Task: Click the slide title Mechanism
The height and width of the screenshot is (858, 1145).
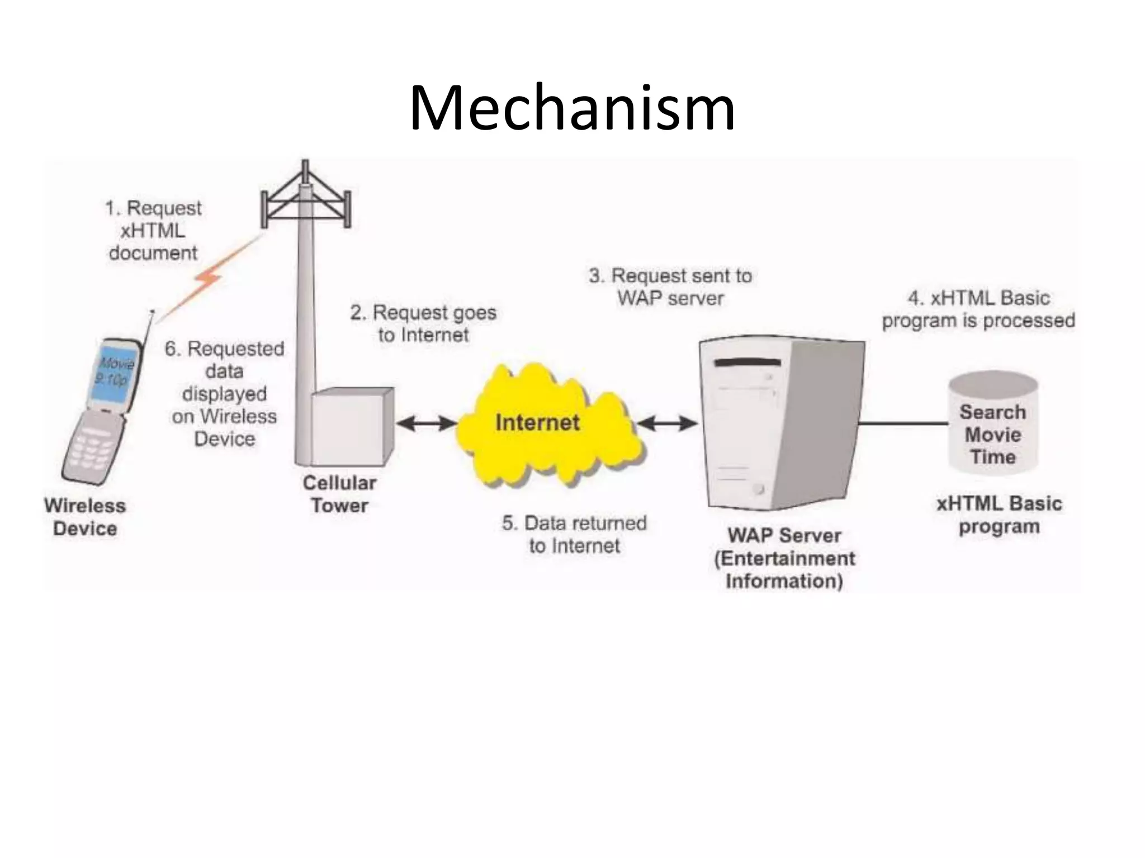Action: point(572,108)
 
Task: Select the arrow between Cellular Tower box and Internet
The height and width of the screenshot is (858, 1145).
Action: point(426,423)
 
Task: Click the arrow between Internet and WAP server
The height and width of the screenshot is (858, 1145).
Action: point(668,423)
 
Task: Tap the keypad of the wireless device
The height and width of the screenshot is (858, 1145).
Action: point(92,447)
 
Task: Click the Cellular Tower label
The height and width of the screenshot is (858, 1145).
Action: point(339,494)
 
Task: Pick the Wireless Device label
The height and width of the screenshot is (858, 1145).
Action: point(85,517)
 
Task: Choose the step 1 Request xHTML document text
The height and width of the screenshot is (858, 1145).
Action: point(153,230)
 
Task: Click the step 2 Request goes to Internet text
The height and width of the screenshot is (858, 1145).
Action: point(423,323)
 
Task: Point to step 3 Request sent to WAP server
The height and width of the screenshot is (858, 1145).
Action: point(670,287)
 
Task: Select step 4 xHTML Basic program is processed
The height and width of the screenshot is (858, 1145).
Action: point(978,309)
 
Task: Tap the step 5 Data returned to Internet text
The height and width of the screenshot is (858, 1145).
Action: point(574,534)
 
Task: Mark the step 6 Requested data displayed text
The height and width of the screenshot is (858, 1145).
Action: point(224,393)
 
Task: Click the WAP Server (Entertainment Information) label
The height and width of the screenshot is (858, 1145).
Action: point(784,558)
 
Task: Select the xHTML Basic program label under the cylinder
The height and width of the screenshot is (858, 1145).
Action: point(999,514)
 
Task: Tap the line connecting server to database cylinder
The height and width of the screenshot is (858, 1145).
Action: point(903,423)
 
